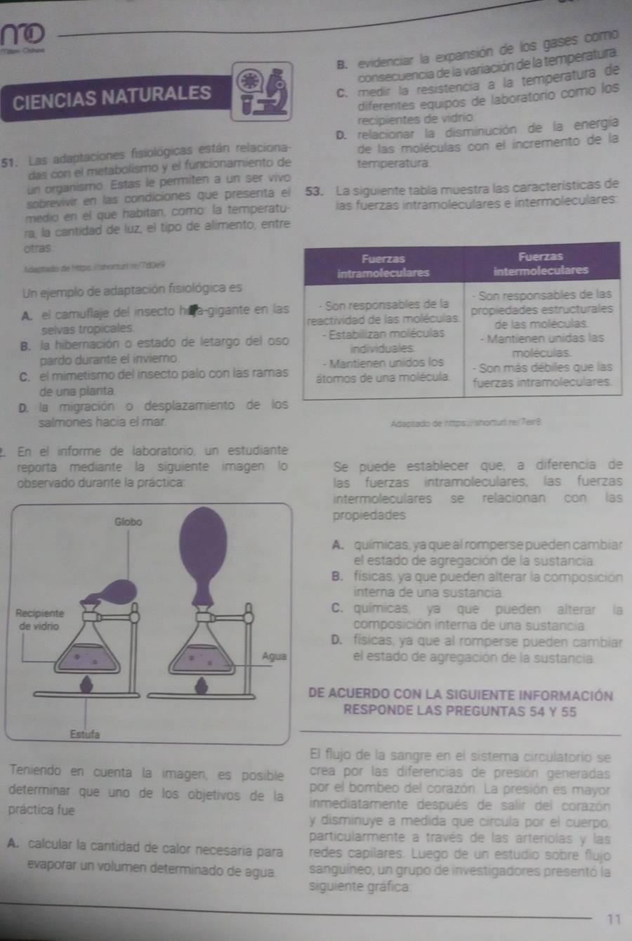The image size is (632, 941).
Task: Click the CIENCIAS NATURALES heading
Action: click(112, 96)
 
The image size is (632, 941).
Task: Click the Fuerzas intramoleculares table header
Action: click(383, 266)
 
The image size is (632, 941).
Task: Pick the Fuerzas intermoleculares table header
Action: click(540, 264)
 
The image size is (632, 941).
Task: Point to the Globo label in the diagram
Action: click(129, 522)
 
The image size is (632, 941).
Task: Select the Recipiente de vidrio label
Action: click(40, 619)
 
